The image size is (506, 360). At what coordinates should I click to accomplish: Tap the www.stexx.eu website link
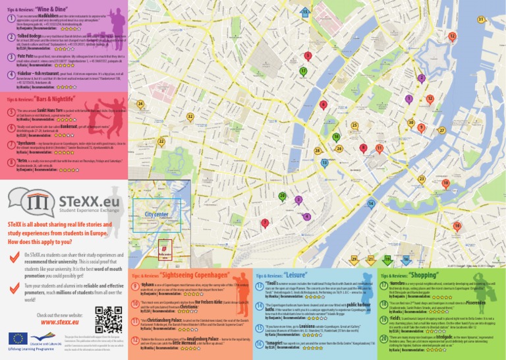click(x=61, y=322)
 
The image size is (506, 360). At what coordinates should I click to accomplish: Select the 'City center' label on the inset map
click(x=156, y=215)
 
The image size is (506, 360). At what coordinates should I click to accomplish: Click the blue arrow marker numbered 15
click(x=304, y=13)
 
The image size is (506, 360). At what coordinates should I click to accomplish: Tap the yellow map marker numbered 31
click(x=482, y=20)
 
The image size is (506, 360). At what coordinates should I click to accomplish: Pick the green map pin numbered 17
click(x=302, y=71)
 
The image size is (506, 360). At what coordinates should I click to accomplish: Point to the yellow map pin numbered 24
click(x=140, y=104)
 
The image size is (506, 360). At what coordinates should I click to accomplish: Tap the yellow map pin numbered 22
click(x=161, y=142)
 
